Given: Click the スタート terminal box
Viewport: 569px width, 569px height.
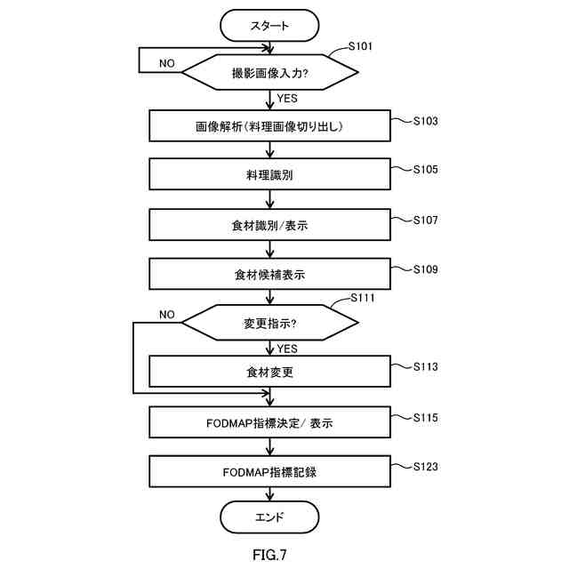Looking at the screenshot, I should (x=269, y=25).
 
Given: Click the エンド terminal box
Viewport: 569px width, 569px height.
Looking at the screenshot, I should (x=269, y=516).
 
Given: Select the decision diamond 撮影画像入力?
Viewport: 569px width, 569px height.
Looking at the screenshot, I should (x=269, y=72).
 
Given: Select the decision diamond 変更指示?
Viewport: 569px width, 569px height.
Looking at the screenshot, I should (x=269, y=323).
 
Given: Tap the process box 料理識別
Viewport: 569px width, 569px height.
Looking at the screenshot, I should (x=269, y=174).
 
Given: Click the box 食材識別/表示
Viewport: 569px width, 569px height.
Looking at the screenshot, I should (x=269, y=225).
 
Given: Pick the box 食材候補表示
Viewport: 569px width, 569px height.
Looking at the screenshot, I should (x=269, y=275).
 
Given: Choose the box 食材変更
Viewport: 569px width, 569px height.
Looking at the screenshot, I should (x=269, y=373).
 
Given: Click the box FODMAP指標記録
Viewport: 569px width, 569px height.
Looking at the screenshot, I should (x=269, y=472).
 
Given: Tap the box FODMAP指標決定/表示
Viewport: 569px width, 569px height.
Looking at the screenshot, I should (x=269, y=423).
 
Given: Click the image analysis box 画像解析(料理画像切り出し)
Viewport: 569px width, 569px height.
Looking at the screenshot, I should (x=269, y=126).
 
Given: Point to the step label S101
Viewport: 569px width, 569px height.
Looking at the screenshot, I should (x=358, y=45).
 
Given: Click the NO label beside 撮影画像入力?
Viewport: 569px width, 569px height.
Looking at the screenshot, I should (x=167, y=63).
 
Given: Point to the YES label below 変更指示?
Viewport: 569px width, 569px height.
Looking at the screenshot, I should (x=287, y=349).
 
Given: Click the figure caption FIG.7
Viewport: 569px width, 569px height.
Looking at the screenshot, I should (x=269, y=555).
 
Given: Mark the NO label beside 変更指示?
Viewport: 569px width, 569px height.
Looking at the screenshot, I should (x=167, y=314).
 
